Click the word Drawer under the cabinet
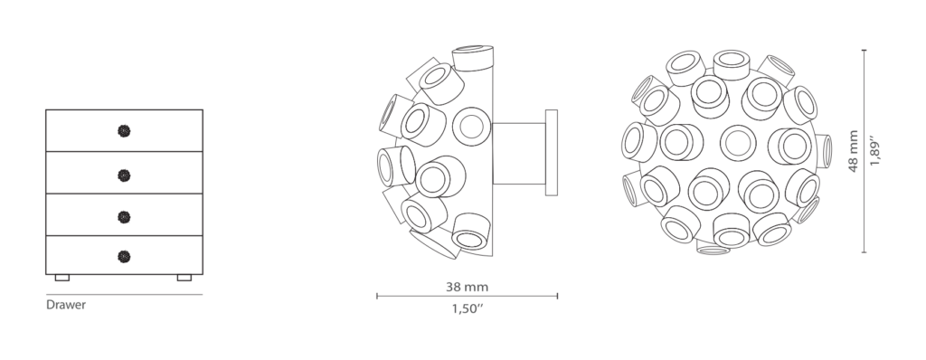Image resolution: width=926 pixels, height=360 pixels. pyautogui.click(x=66, y=305)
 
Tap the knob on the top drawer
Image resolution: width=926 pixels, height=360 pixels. pyautogui.click(x=124, y=131)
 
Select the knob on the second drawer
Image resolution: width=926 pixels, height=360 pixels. pyautogui.click(x=124, y=175)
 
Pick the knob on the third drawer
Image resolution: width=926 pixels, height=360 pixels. pyautogui.click(x=124, y=217)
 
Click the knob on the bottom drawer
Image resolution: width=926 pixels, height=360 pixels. pyautogui.click(x=124, y=257)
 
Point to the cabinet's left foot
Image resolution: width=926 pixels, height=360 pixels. pyautogui.click(x=62, y=278)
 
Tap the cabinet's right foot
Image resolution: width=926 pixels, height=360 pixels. pyautogui.click(x=184, y=278)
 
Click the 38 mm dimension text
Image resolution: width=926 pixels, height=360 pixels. pyautogui.click(x=468, y=288)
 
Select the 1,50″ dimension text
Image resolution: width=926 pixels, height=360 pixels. pyautogui.click(x=468, y=308)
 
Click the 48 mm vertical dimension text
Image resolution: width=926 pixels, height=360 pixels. pyautogui.click(x=854, y=151)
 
